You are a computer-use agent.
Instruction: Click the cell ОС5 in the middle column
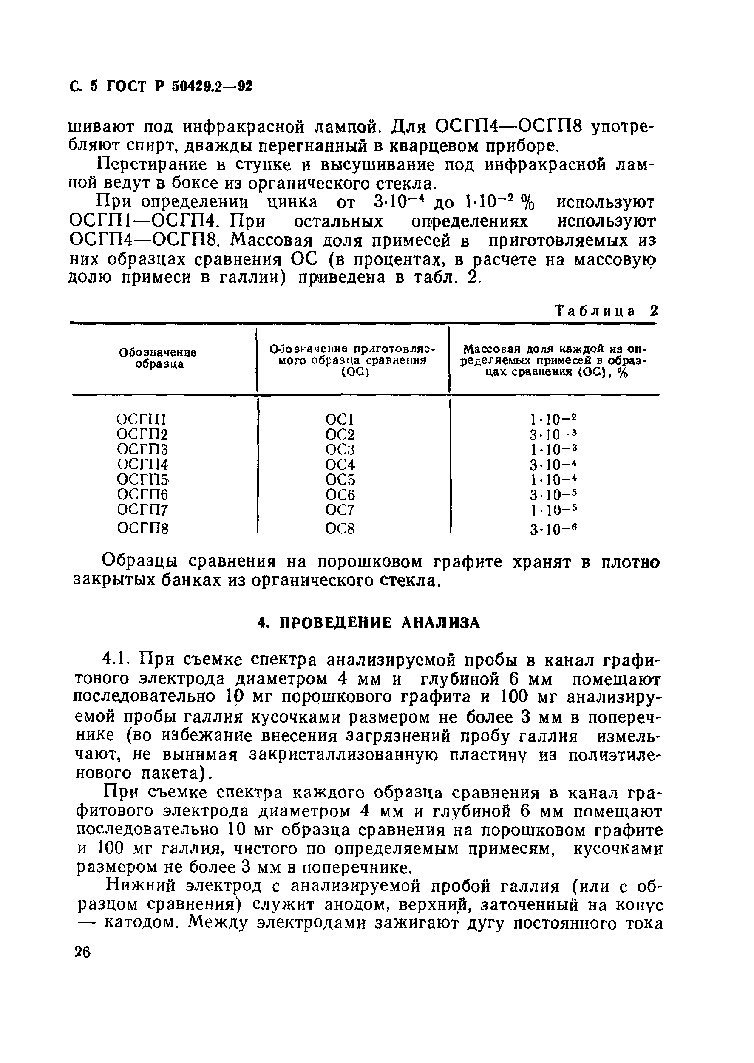point(340,479)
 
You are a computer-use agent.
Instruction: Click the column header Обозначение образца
point(158,358)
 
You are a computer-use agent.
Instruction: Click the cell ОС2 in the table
point(340,434)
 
